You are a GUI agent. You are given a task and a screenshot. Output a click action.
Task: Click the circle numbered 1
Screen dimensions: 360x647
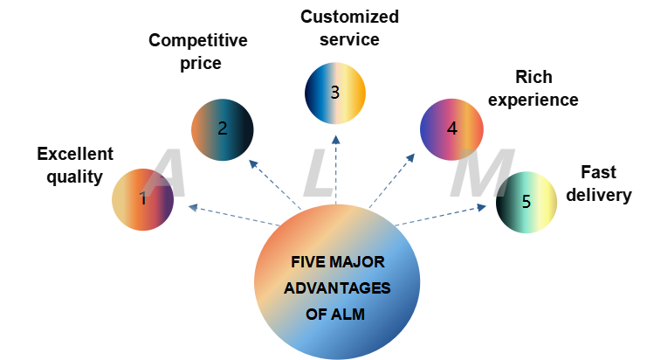pos(142,199)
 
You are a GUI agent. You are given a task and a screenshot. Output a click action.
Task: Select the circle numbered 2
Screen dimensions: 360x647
pos(222,129)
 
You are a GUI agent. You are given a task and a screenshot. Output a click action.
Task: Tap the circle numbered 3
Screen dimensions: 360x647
pos(335,92)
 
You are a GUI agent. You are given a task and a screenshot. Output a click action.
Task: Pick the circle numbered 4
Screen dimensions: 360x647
pos(451,128)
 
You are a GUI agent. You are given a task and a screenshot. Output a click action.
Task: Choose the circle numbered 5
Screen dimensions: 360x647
pos(527,202)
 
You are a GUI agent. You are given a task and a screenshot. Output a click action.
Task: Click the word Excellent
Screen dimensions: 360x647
pos(75,155)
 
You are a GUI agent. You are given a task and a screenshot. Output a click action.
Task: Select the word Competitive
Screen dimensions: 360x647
pos(198,40)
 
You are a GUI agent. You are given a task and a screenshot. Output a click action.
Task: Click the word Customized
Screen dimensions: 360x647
pos(349,16)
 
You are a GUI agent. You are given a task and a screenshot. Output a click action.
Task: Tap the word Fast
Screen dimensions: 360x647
pos(599,172)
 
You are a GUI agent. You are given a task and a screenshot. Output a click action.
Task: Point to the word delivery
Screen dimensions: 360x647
pos(598,195)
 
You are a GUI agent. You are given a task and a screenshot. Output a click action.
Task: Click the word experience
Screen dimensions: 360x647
pos(533,100)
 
